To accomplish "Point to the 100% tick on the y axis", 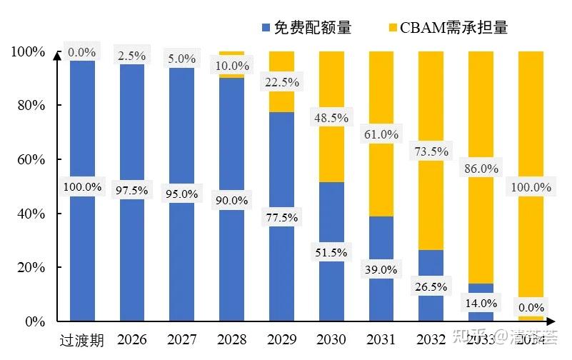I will [x=28, y=51].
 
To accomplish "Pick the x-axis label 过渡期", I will [x=82, y=340].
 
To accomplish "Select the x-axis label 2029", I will [x=281, y=339].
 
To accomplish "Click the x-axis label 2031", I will [x=381, y=339].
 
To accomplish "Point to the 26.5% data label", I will [x=430, y=286].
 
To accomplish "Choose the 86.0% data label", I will [x=480, y=169].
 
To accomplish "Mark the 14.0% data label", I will [x=480, y=303].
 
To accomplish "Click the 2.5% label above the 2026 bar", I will [x=132, y=55].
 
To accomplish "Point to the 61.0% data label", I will [x=381, y=134].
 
